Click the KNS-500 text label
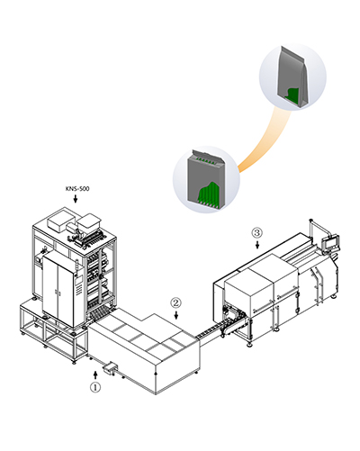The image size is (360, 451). tap(77, 189)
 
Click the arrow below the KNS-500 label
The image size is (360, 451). tap(76, 198)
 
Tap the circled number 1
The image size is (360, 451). tap(95, 387)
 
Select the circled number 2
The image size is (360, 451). tap(176, 302)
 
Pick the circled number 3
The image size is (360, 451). tap(257, 232)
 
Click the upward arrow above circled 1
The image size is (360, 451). tap(95, 375)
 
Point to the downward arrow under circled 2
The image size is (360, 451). tap(176, 315)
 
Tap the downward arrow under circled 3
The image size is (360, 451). tap(257, 245)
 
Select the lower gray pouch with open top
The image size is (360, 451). tap(206, 179)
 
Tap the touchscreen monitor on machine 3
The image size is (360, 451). tap(330, 242)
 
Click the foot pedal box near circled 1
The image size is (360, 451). tap(110, 367)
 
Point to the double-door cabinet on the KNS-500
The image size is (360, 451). tap(58, 289)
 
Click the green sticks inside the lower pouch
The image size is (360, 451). tap(210, 194)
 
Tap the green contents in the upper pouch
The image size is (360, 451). tap(292, 95)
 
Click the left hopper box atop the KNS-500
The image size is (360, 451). tap(60, 221)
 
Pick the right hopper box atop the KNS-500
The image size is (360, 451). tap(88, 222)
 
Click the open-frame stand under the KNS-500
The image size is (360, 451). tap(51, 333)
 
